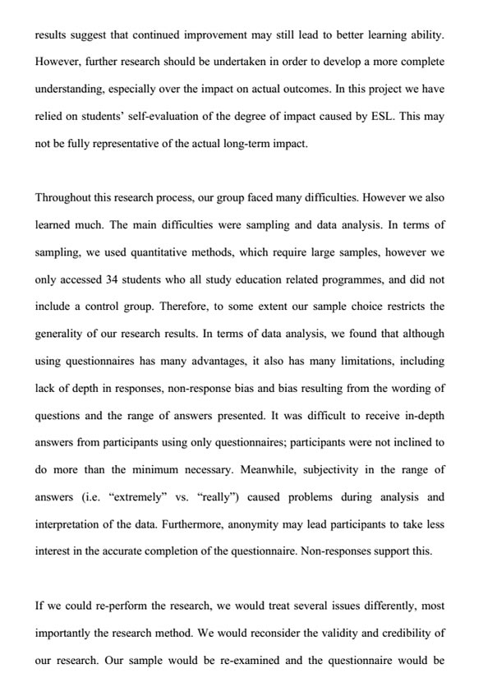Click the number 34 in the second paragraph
[x=113, y=278]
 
